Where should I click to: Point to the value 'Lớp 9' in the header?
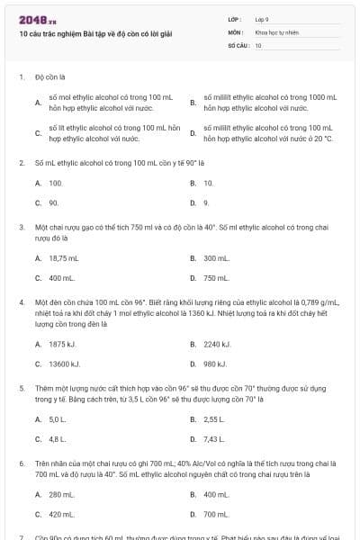coord(262,18)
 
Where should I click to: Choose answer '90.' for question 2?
coord(54,202)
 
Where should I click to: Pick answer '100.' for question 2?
coord(56,183)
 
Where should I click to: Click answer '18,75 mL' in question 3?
coord(64,258)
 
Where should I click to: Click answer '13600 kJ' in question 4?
coord(64,364)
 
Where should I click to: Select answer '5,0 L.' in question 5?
coord(58,419)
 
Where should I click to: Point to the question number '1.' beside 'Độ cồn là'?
coord(21,77)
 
